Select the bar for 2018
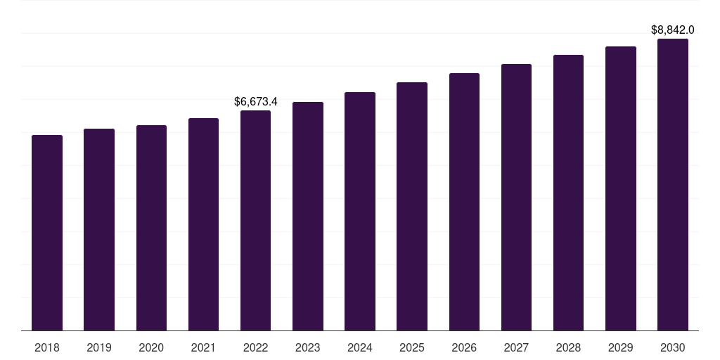pyautogui.click(x=47, y=232)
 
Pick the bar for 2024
pyautogui.click(x=360, y=211)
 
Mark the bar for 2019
pyautogui.click(x=99, y=229)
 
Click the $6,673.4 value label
pyautogui.click(x=256, y=102)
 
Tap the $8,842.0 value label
pyautogui.click(x=673, y=30)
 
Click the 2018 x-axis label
pyautogui.click(x=47, y=347)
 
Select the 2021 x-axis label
pyautogui.click(x=203, y=347)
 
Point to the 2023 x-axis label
pyautogui.click(x=308, y=347)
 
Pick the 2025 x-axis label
pyautogui.click(x=412, y=347)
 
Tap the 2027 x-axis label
pyautogui.click(x=516, y=347)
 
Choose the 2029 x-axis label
pyautogui.click(x=621, y=347)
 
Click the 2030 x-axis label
pyautogui.click(x=673, y=347)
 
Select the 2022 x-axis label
pyautogui.click(x=255, y=347)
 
